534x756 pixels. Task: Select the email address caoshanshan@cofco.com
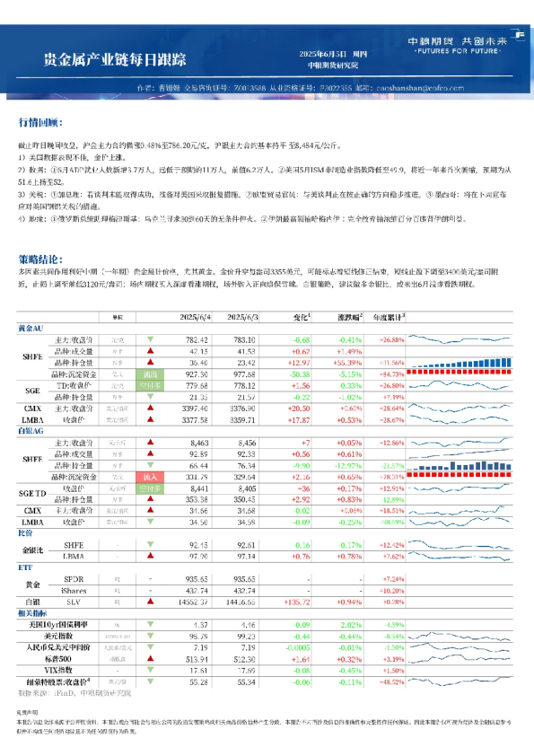pos(420,89)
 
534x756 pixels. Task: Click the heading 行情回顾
pos(41,121)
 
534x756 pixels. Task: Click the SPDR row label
pos(73,579)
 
